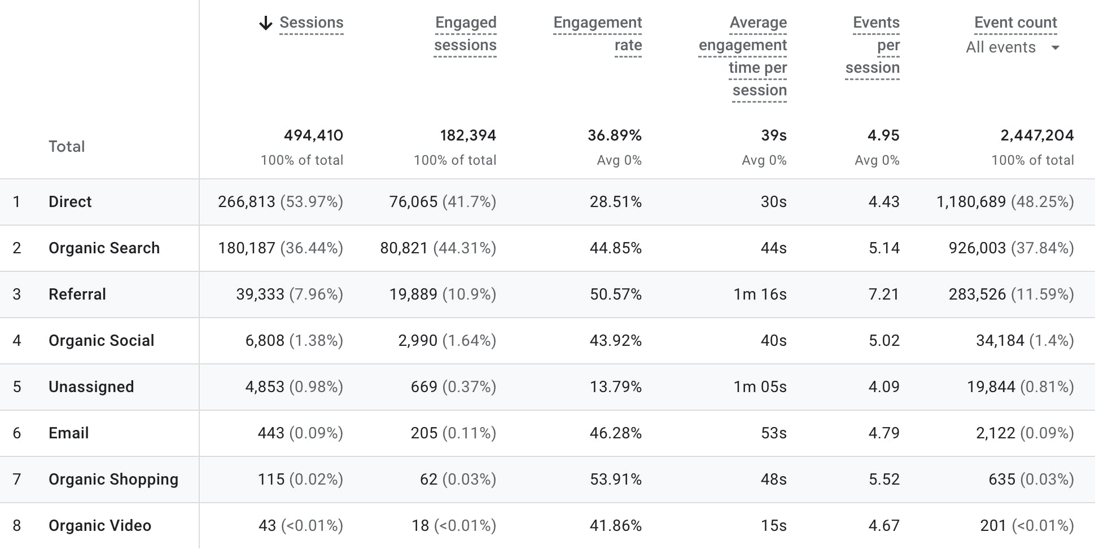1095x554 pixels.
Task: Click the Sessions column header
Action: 311,23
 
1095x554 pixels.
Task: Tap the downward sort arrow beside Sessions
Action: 265,23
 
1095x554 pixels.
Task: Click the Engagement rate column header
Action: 597,33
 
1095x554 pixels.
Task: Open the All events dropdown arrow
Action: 1055,48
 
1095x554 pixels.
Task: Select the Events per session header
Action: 873,45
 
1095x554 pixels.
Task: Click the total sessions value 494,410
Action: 313,135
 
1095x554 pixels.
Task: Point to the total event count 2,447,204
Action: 1037,135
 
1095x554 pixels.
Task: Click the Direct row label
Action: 70,202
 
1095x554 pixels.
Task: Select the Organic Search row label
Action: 104,248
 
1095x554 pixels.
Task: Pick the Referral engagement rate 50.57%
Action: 615,294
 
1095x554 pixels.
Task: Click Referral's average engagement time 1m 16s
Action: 760,294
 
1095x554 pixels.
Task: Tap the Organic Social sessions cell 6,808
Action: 265,341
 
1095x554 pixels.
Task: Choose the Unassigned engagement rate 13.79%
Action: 615,387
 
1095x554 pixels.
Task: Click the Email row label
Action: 68,433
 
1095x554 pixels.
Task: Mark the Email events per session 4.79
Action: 884,433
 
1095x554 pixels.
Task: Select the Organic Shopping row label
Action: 113,480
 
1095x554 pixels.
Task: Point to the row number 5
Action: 17,387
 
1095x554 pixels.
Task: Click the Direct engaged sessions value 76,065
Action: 413,202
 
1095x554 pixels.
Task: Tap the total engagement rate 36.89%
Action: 614,135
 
